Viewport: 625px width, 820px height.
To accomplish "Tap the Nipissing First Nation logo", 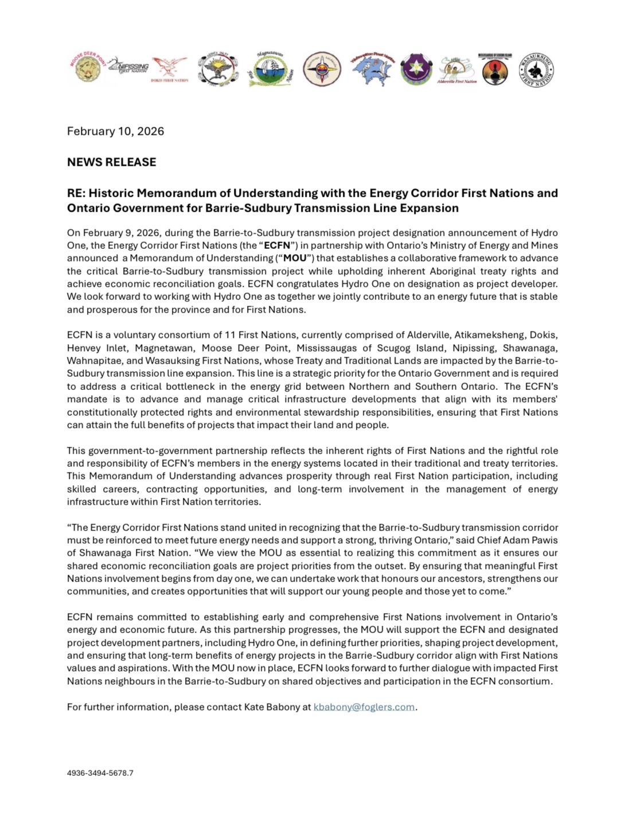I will [x=128, y=67].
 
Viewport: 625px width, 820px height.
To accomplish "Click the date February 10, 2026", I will [x=115, y=131].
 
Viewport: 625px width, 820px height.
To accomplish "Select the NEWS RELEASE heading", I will [x=111, y=162].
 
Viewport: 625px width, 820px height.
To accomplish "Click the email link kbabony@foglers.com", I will [x=364, y=707].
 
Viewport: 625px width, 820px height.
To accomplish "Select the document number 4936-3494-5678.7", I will [x=100, y=773].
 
